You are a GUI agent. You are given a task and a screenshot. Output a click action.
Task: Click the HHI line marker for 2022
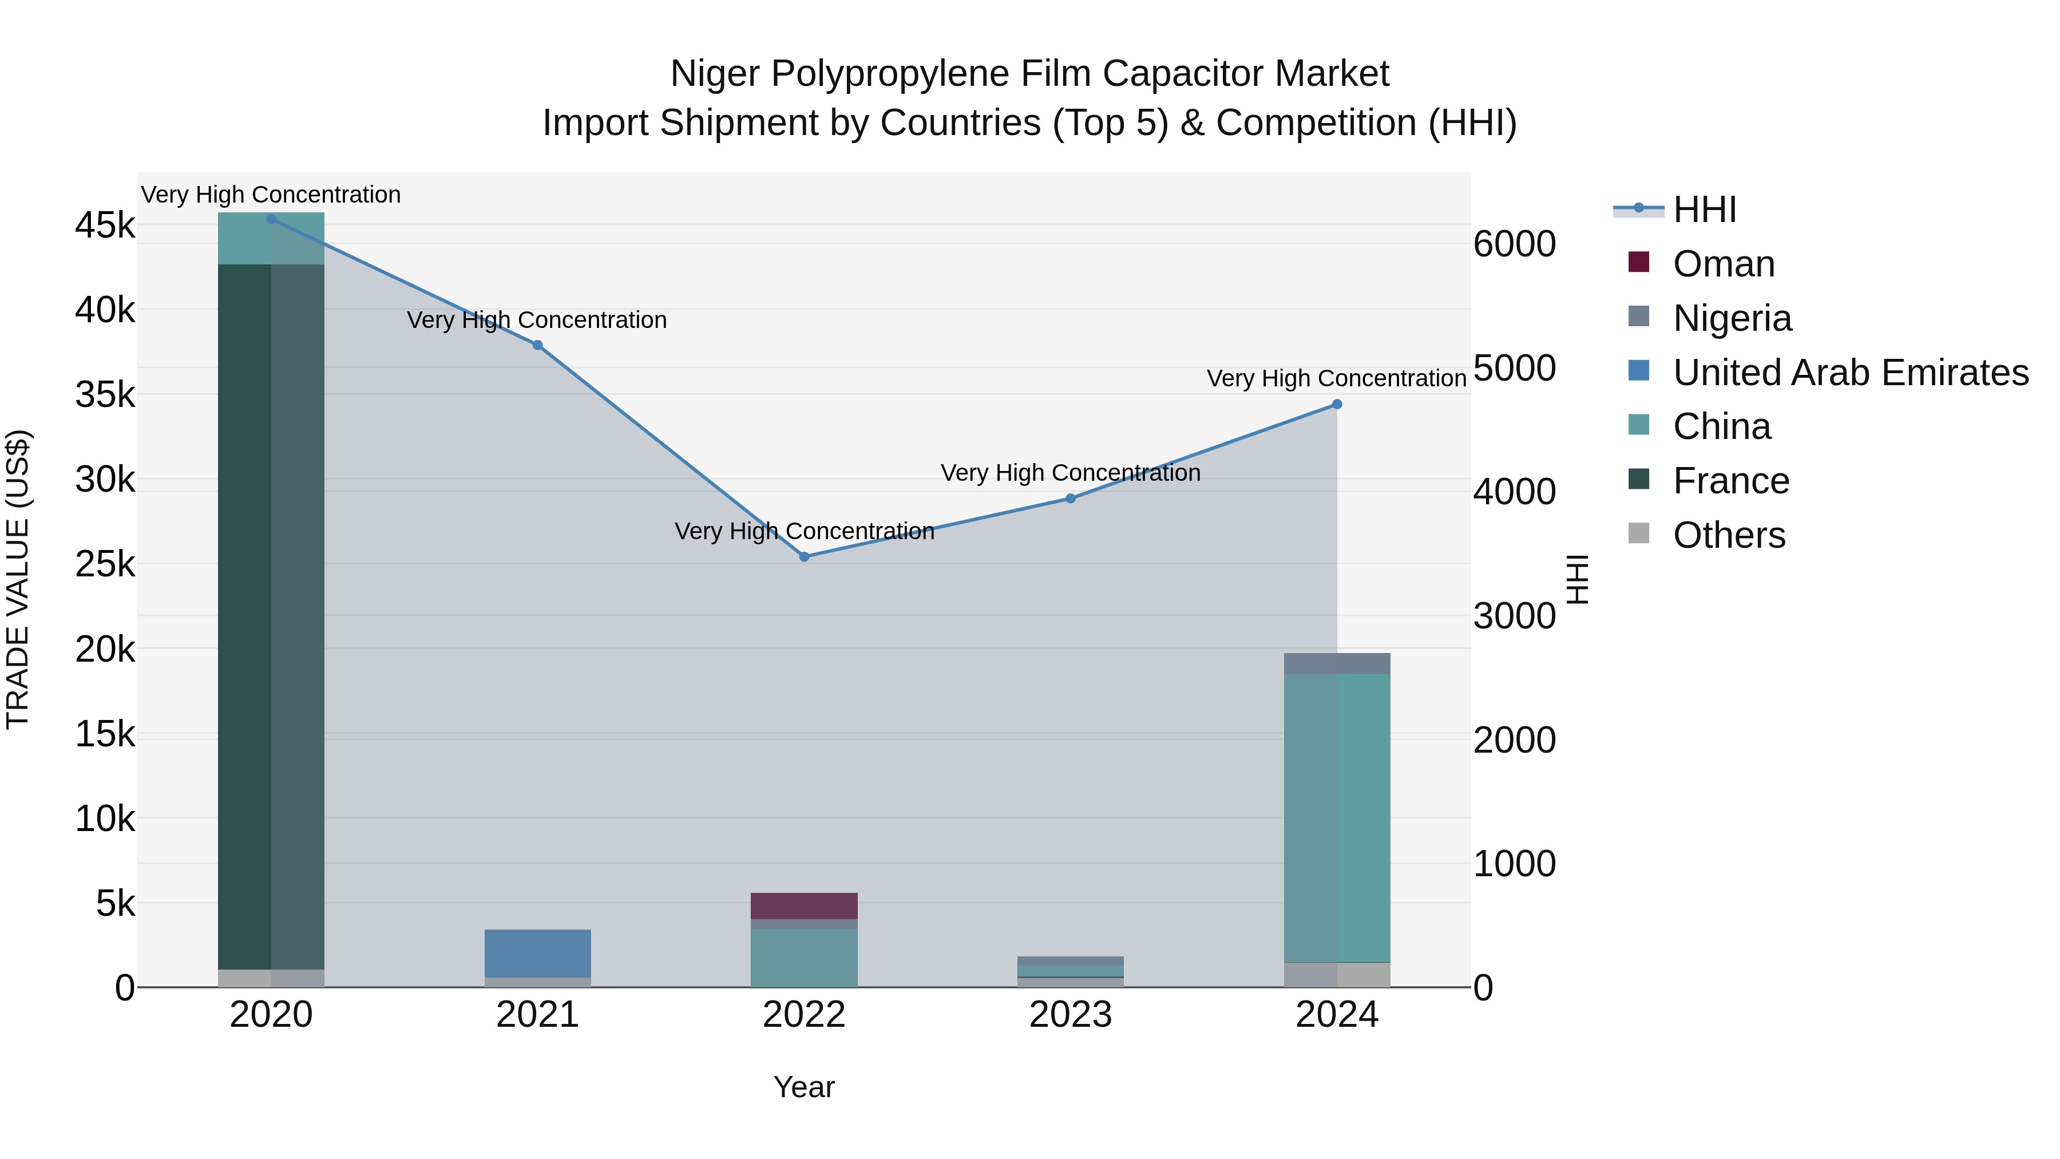click(x=804, y=557)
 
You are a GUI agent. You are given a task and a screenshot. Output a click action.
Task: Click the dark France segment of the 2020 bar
click(x=271, y=616)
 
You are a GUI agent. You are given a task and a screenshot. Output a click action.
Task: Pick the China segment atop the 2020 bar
click(x=271, y=238)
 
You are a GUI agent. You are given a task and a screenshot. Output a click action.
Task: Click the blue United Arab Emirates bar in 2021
click(x=537, y=952)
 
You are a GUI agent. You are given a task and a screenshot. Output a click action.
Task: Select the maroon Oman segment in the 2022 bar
click(x=804, y=905)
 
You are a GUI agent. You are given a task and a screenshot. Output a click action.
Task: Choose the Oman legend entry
click(x=1724, y=264)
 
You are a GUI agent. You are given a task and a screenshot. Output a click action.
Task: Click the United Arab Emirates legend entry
click(x=1849, y=373)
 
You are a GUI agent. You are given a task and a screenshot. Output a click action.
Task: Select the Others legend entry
click(x=1728, y=535)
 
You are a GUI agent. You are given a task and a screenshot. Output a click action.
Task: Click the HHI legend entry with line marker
click(x=1704, y=209)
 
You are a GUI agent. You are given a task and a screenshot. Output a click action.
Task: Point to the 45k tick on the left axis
click(x=105, y=226)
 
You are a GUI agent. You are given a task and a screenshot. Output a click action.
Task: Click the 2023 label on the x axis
click(x=1070, y=1015)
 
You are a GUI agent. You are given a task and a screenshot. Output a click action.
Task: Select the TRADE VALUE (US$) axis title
click(x=18, y=579)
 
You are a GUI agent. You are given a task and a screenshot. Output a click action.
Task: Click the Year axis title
click(x=804, y=1087)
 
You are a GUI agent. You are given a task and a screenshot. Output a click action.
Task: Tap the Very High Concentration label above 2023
click(x=1070, y=473)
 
